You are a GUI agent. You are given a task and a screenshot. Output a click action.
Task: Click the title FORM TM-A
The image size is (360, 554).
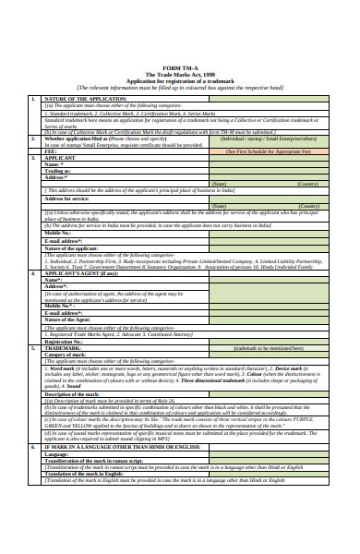point(179,66)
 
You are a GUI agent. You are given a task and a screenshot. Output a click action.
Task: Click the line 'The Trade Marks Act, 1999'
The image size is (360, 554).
point(179,74)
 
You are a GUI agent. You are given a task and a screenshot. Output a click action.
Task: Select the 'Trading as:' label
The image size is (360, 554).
point(58,171)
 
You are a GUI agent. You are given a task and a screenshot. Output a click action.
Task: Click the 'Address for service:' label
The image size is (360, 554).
point(66,199)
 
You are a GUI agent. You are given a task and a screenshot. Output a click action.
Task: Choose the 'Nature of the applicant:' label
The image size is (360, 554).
point(72,248)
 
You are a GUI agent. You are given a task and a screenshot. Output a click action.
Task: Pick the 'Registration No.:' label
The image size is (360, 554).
point(65,341)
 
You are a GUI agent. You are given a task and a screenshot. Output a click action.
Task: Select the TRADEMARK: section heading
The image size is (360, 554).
point(66,347)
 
